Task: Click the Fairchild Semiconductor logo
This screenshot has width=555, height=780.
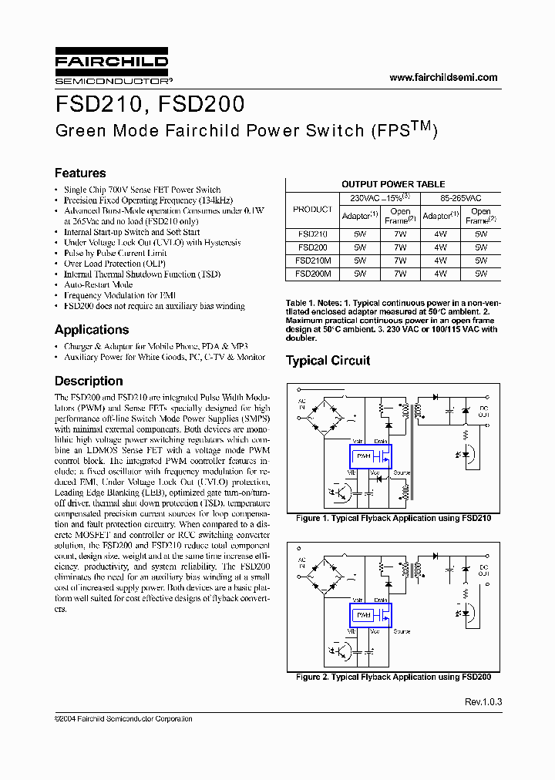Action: tap(111, 66)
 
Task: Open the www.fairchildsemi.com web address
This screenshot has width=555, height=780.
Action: tap(443, 77)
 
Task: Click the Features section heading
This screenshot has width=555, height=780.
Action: tap(80, 173)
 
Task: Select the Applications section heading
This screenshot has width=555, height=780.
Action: tap(92, 330)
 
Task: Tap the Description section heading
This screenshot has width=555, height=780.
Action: tap(89, 381)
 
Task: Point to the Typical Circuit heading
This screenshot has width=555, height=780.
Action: tap(328, 361)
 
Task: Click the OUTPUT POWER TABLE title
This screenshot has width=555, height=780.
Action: tap(393, 184)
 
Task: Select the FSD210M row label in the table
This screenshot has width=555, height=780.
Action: tap(313, 261)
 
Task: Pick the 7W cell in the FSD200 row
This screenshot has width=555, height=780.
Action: tap(400, 247)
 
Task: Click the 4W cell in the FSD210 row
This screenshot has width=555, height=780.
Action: tap(440, 234)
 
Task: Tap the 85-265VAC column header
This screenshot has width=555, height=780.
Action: tap(460, 197)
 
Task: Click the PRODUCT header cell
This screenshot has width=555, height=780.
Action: tap(313, 209)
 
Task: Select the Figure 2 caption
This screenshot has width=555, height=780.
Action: tap(393, 677)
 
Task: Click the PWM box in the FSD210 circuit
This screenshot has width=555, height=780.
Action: tap(363, 456)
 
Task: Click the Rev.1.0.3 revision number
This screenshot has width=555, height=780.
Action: tap(483, 702)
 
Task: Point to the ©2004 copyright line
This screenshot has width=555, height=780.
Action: tap(123, 718)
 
